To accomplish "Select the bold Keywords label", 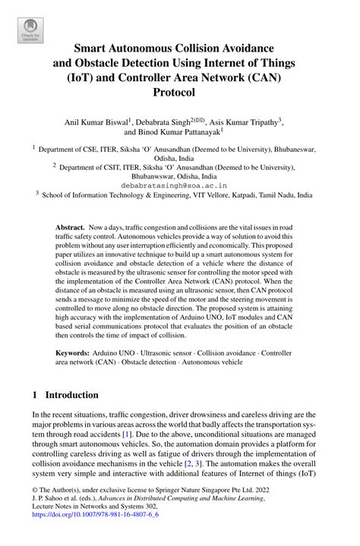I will [74, 354].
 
